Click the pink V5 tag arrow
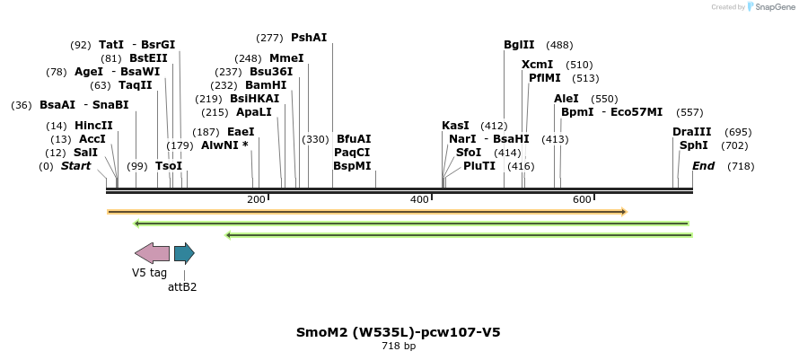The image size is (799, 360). [x=152, y=252]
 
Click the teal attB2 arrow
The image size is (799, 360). [x=184, y=252]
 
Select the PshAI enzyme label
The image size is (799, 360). [x=309, y=38]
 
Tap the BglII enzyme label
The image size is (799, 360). [x=519, y=45]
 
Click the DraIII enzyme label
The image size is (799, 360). [x=691, y=132]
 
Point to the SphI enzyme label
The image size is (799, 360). [x=694, y=145]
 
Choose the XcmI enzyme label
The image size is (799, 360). [x=537, y=65]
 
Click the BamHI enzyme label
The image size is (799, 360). [x=266, y=85]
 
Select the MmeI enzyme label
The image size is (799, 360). [x=286, y=58]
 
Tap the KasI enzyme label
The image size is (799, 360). [x=455, y=126]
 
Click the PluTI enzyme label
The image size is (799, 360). [x=479, y=166]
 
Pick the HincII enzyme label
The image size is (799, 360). [x=93, y=126]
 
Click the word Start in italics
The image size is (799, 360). [x=76, y=166]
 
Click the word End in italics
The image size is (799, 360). [x=704, y=166]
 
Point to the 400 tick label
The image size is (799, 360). [x=419, y=199]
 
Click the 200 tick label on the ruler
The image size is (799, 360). [x=256, y=199]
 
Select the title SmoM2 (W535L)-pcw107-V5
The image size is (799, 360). [x=399, y=332]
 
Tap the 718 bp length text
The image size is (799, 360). [x=399, y=347]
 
